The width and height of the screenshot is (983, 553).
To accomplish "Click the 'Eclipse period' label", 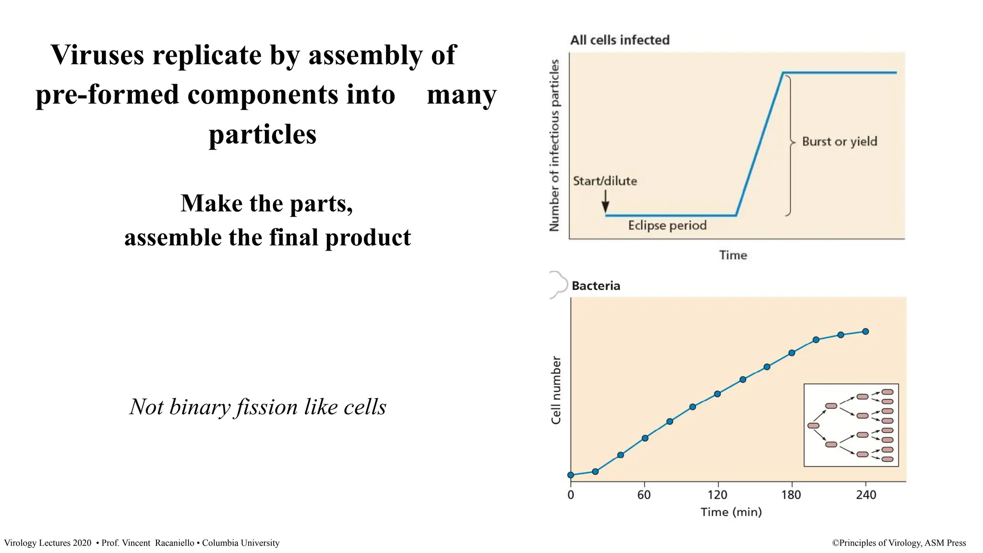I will click(667, 226).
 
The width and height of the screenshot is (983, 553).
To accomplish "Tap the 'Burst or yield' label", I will click(839, 142).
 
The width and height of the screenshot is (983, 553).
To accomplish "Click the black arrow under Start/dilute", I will click(605, 202).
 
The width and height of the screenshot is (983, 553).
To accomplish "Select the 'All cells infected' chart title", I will click(620, 40).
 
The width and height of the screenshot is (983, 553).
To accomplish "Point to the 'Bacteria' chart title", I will click(596, 286).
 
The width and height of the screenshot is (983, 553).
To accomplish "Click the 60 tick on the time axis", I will click(644, 495).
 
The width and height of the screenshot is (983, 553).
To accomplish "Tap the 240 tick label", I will click(866, 495).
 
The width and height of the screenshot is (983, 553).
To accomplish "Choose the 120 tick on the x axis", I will click(717, 495).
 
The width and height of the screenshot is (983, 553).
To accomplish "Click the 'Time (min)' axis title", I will click(731, 512).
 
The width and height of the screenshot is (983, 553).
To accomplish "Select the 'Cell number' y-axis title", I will click(556, 390).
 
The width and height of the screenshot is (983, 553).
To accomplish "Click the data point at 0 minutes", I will click(571, 475).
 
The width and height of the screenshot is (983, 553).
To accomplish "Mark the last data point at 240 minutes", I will click(865, 332).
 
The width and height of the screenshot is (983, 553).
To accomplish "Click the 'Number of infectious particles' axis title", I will click(554, 145).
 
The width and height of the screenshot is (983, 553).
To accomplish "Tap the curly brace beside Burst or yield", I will click(790, 144).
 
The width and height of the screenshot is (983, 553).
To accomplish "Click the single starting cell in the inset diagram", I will click(813, 426).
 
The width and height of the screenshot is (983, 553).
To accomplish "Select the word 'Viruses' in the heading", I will click(97, 55).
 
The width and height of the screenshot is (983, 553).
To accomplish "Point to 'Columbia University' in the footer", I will click(240, 543).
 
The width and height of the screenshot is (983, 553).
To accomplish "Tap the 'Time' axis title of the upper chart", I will click(733, 255).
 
